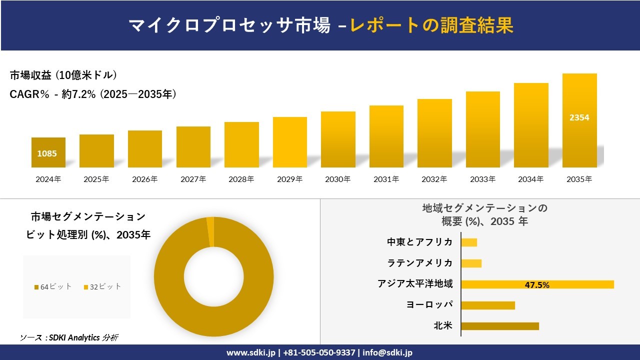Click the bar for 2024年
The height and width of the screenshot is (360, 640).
click(48, 152)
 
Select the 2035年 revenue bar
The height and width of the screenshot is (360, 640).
click(579, 120)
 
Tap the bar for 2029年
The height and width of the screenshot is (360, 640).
click(289, 142)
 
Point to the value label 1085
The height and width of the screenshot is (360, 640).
click(47, 153)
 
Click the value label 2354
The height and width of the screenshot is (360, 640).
click(579, 117)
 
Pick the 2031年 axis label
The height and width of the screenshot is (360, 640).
click(386, 179)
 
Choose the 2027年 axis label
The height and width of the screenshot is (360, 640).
click(193, 179)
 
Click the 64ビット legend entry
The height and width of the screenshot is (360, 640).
click(53, 286)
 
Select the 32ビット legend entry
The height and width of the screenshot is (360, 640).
click(102, 286)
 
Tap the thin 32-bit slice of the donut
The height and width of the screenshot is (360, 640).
click(210, 231)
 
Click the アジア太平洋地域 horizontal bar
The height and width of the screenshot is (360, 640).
click(537, 284)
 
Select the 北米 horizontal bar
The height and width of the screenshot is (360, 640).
click(500, 326)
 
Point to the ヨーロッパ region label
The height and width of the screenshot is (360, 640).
click(429, 304)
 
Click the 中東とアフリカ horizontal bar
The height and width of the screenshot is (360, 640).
click(469, 242)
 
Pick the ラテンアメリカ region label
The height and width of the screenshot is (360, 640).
click(419, 263)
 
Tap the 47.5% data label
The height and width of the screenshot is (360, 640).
click(537, 285)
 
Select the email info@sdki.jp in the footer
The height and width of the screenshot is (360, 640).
click(387, 352)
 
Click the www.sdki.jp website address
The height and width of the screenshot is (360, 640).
click(251, 352)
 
